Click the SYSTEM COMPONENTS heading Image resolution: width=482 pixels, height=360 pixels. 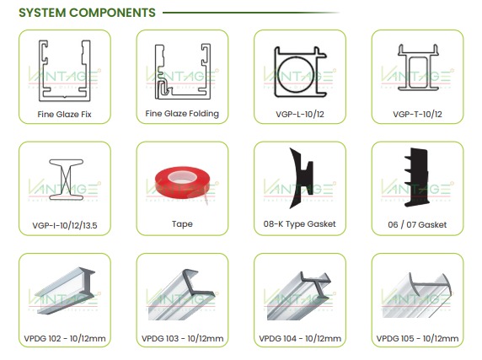87,13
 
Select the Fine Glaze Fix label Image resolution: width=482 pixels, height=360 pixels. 65,115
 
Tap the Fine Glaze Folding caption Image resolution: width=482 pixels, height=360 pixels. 182,114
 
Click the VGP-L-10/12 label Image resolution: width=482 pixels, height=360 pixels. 300,115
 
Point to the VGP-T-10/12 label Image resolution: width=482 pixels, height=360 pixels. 417,115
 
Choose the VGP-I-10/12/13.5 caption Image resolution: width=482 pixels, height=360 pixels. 65,226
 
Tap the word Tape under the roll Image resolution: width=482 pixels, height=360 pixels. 182,223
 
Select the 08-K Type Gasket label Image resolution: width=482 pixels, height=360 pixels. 300,223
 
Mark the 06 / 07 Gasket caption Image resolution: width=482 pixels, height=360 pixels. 417,225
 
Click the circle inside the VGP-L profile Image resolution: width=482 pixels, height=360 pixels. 296,74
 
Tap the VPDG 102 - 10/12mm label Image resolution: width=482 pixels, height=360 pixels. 65,338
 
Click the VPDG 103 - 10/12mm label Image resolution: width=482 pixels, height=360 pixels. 182,338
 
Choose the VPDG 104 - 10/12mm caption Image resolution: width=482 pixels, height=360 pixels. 300,338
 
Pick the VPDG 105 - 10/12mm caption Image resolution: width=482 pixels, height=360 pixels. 417,338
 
